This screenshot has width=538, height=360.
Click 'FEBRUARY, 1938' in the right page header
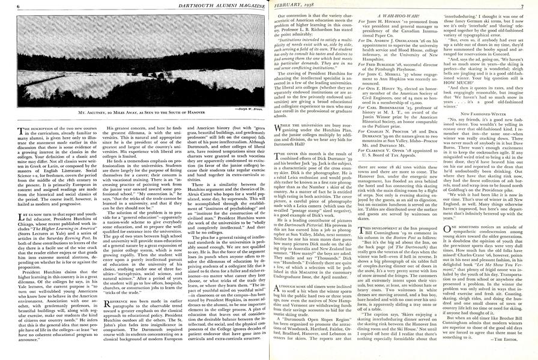click(x=300, y=4)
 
